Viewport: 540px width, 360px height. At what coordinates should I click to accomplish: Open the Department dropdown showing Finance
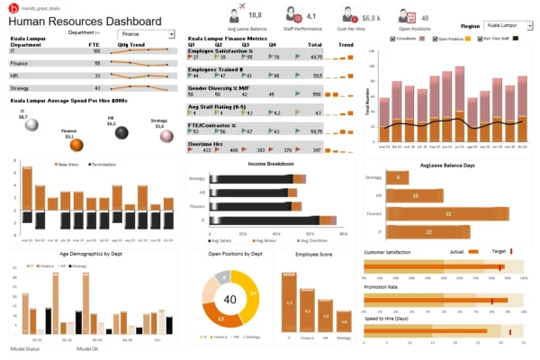point(170,34)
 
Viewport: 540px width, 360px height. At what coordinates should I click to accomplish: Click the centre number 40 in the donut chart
point(229,299)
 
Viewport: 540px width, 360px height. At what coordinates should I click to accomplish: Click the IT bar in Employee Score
point(290,302)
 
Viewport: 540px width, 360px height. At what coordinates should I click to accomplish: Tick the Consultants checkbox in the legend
point(393,40)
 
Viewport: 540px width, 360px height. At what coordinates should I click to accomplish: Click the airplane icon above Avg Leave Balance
point(237,14)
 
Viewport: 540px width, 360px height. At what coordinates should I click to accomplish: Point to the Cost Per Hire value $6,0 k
point(372,17)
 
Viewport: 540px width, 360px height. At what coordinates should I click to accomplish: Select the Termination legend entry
point(105,164)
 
